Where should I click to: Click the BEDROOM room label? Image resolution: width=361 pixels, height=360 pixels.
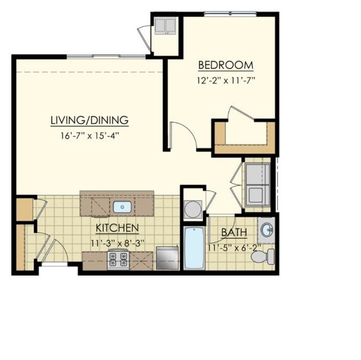(x=225, y=65)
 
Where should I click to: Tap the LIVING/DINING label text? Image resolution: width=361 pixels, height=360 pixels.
(x=89, y=120)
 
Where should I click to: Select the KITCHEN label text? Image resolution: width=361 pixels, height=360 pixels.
(x=117, y=228)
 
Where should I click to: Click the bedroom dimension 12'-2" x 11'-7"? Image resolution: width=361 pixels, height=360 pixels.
(x=229, y=80)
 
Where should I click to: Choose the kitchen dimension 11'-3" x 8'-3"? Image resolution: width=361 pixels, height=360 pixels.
(x=117, y=242)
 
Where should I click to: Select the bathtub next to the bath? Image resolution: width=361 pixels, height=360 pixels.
(x=194, y=248)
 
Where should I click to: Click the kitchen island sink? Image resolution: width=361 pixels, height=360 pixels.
(x=122, y=207)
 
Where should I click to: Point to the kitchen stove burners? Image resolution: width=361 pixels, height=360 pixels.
(x=118, y=258)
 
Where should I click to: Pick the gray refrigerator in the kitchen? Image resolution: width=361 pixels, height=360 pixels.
(x=168, y=258)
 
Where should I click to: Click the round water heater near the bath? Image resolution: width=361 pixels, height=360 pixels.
(x=193, y=209)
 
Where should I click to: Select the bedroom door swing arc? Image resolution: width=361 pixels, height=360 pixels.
(x=182, y=136)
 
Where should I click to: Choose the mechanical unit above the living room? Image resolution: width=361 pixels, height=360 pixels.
(x=166, y=26)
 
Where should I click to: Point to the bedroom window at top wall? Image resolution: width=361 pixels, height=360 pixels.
(x=229, y=14)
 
